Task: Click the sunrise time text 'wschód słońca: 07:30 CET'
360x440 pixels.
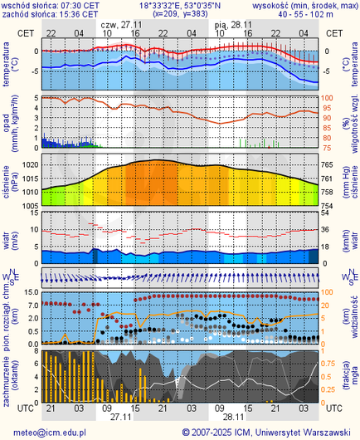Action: [x=50, y=5]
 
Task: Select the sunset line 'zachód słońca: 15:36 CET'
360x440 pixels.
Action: [x=50, y=14]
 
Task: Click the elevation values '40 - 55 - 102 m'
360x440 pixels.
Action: [x=317, y=14]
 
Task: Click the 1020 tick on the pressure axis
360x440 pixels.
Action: [x=28, y=165]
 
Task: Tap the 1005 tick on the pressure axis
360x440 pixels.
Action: [x=28, y=204]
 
